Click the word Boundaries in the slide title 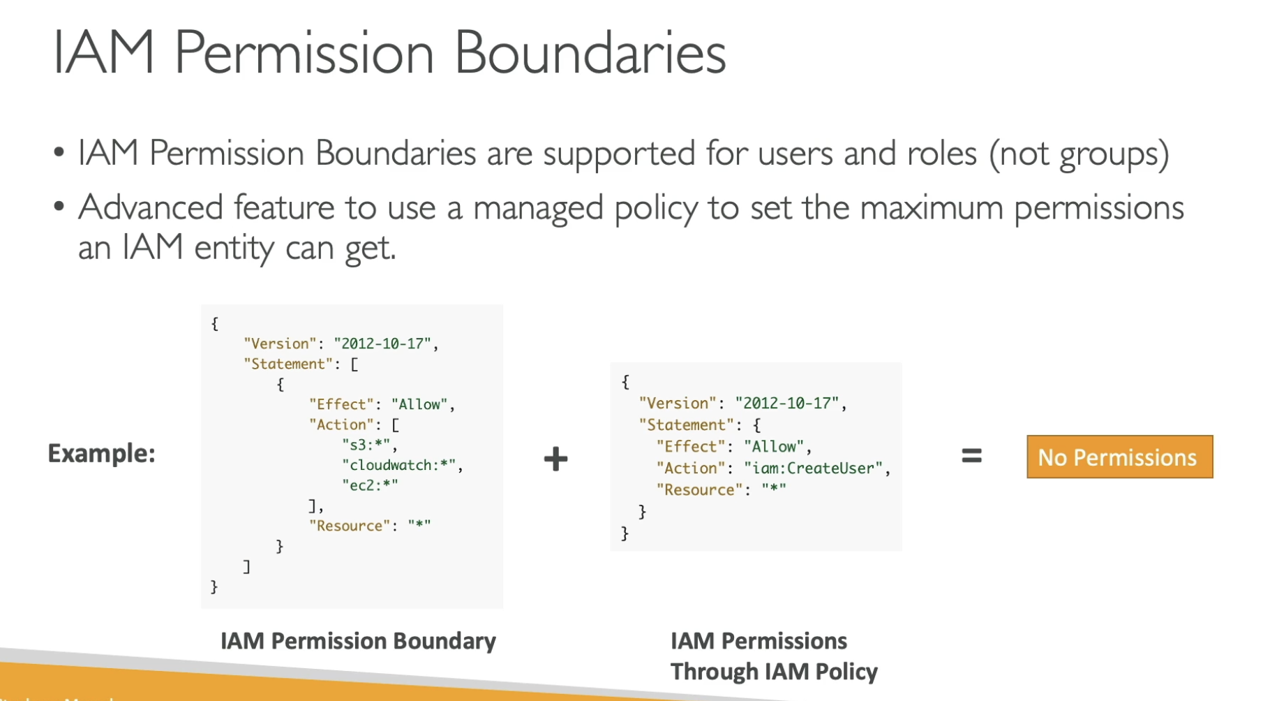point(590,53)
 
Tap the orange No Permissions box point(1119,457)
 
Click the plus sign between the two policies point(555,459)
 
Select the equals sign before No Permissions point(971,457)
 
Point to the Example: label point(101,454)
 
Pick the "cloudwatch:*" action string point(401,465)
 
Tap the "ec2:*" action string point(370,485)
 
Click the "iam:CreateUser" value point(814,468)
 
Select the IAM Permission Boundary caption point(358,641)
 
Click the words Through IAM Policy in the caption point(774,672)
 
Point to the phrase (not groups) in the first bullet point(1079,154)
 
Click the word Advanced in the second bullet point(151,207)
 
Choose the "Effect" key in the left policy point(341,404)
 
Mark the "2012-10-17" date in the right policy point(787,404)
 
